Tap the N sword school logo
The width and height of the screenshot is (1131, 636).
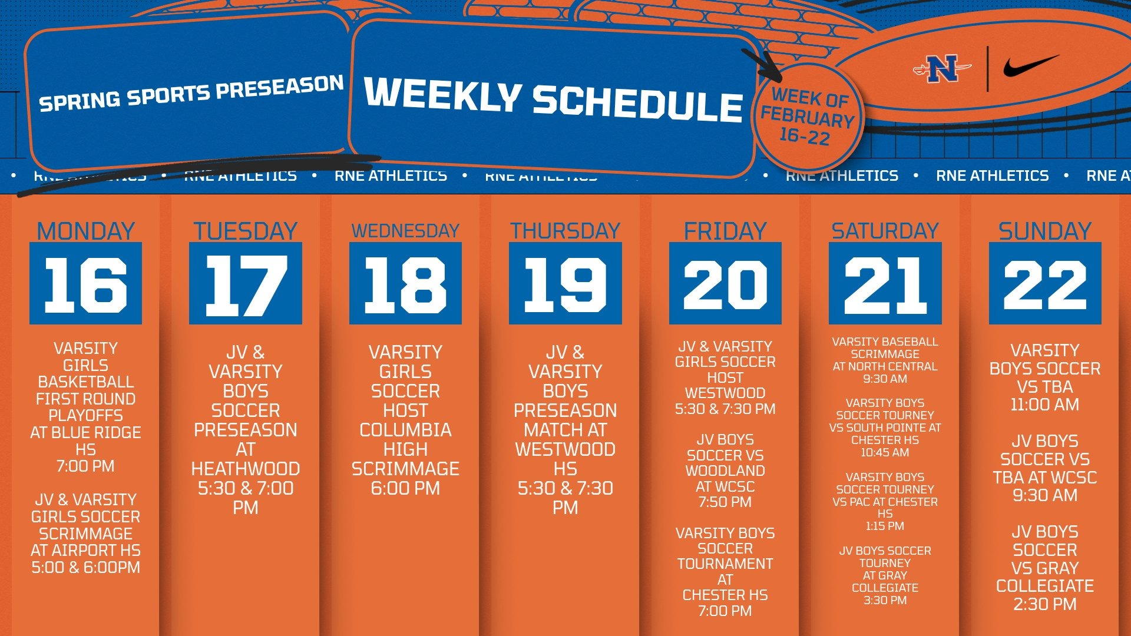pos(942,69)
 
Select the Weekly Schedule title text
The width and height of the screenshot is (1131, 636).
pos(553,100)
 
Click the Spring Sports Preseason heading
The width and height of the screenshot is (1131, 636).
pos(191,93)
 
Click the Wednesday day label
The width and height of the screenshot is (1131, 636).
pos(405,231)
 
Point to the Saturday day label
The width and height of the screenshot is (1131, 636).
pos(885,231)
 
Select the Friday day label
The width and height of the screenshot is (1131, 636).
pos(725,231)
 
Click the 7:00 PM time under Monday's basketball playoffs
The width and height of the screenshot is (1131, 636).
pos(86,466)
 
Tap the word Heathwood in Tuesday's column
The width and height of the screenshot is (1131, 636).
pos(246,469)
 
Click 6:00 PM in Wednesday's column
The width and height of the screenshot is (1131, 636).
pos(405,488)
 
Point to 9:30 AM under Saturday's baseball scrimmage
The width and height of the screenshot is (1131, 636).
pos(885,379)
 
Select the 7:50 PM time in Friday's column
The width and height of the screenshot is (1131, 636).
pos(725,502)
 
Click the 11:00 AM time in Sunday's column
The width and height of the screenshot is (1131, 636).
pos(1044,405)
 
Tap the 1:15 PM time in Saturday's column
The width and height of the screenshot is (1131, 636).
pos(885,526)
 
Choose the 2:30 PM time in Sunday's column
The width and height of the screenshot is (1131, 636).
pos(1044,604)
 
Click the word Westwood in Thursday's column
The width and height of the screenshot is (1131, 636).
pos(565,450)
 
